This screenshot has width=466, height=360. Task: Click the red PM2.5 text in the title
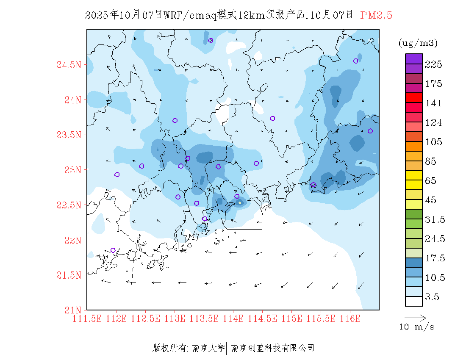point(376,15)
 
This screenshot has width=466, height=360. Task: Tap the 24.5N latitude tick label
point(69,65)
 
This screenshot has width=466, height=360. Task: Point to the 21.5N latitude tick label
point(69,275)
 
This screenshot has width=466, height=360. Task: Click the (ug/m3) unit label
point(418,43)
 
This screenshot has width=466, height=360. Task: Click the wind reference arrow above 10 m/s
point(415,317)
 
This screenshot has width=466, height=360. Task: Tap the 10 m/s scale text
point(416,327)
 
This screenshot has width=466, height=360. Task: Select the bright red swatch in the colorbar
point(414,98)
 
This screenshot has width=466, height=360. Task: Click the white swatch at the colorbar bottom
point(414,301)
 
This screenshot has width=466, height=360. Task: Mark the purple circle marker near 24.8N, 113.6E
point(211,41)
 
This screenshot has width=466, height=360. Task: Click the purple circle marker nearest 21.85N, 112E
point(113,250)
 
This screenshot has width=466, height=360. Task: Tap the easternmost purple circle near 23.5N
point(370,131)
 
